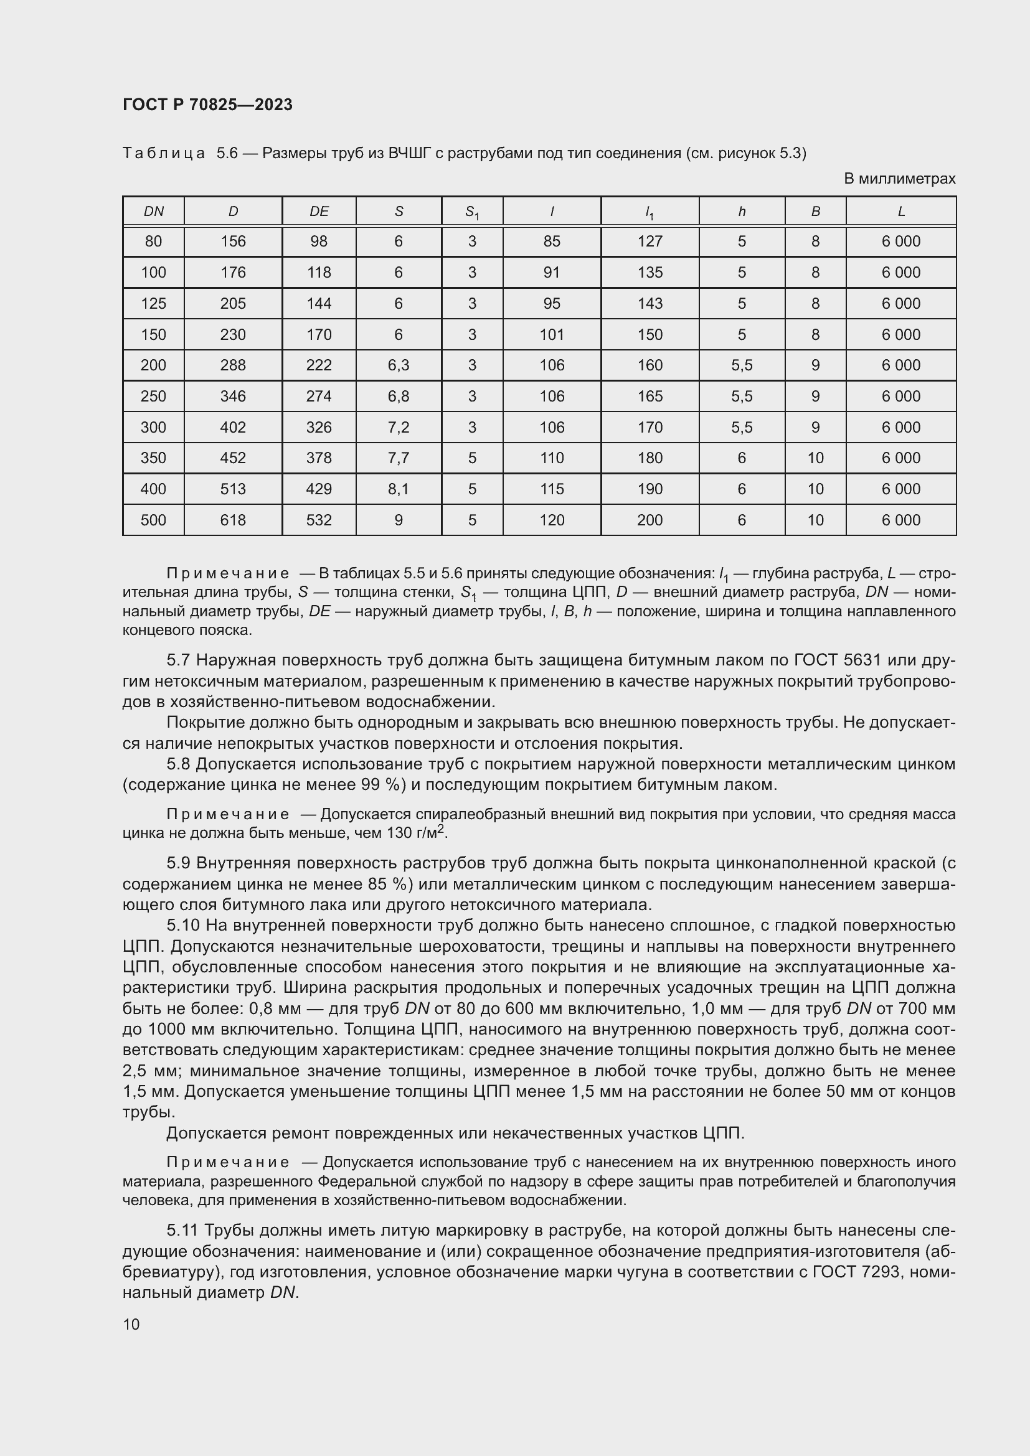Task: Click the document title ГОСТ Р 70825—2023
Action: (x=207, y=105)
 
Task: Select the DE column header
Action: (x=318, y=211)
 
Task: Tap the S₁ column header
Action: (x=472, y=212)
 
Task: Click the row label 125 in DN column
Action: (x=153, y=303)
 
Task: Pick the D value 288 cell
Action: (x=233, y=365)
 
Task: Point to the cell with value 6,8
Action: (x=399, y=397)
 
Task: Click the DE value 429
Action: (x=318, y=489)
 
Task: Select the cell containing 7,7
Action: (x=399, y=458)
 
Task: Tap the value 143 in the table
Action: (x=650, y=303)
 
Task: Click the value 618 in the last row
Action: (x=233, y=520)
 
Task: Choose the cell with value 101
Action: (x=551, y=334)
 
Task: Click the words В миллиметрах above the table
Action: (x=899, y=179)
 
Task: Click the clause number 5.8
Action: (x=178, y=764)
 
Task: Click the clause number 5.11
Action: (x=182, y=1230)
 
